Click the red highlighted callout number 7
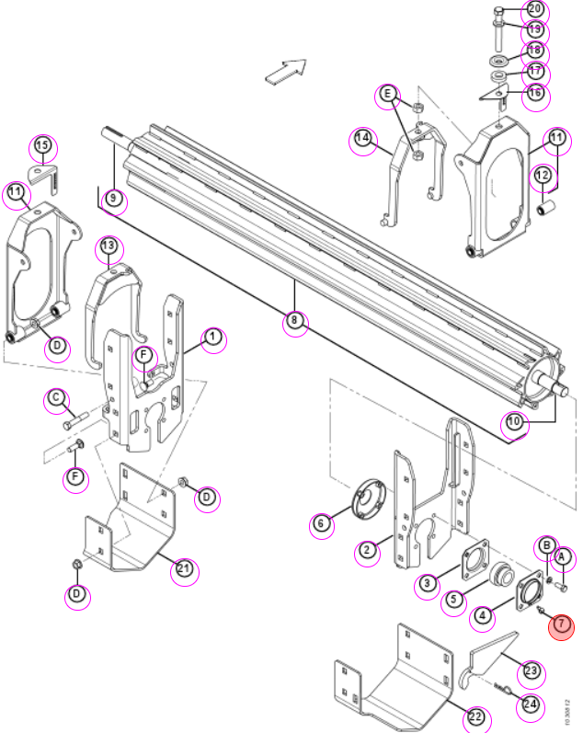pos(561,626)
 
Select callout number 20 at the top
pos(535,9)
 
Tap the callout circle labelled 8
pos(294,321)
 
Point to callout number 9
pos(113,199)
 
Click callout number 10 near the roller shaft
pos(513,422)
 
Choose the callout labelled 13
pos(108,246)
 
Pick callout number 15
pos(42,145)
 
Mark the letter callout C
pos(56,398)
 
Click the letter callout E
pos(387,95)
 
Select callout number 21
pos(184,569)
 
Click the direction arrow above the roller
pos(286,72)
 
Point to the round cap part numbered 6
pos(369,498)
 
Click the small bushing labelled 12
pos(546,207)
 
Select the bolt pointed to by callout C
pos(75,420)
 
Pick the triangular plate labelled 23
pos(488,659)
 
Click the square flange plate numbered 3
pos(475,560)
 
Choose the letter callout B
pos(546,545)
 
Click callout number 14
pos(363,139)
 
